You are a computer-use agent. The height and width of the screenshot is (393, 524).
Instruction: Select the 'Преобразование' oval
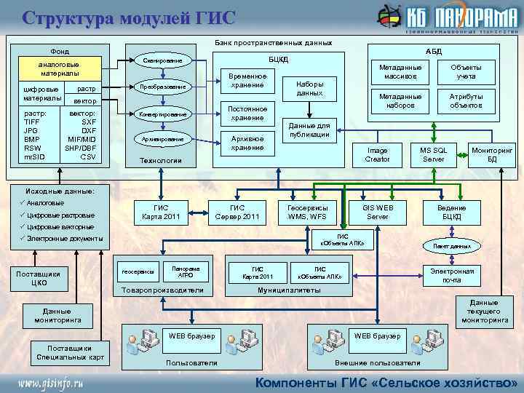tap(162, 87)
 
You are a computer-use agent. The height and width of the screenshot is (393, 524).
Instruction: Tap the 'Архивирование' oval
tap(162, 138)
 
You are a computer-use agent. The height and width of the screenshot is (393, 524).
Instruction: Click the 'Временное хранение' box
tap(247, 81)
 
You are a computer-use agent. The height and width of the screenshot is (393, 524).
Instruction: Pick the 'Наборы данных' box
tap(310, 88)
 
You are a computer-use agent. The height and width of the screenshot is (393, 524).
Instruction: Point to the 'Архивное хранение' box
tap(247, 143)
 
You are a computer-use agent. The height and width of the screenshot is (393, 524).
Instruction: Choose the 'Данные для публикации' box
tap(310, 130)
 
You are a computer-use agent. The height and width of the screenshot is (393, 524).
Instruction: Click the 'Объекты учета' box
tap(466, 71)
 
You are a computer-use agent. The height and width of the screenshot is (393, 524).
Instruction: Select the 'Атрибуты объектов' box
tap(466, 100)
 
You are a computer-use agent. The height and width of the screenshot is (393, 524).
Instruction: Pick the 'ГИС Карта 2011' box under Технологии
tap(161, 212)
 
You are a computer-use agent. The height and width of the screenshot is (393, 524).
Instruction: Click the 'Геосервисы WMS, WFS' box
tap(308, 212)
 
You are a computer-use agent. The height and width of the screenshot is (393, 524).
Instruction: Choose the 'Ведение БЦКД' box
tap(451, 212)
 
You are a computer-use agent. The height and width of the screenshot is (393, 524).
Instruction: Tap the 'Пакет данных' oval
tap(452, 247)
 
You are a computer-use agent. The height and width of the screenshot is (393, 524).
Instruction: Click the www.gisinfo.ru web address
tap(51, 382)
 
